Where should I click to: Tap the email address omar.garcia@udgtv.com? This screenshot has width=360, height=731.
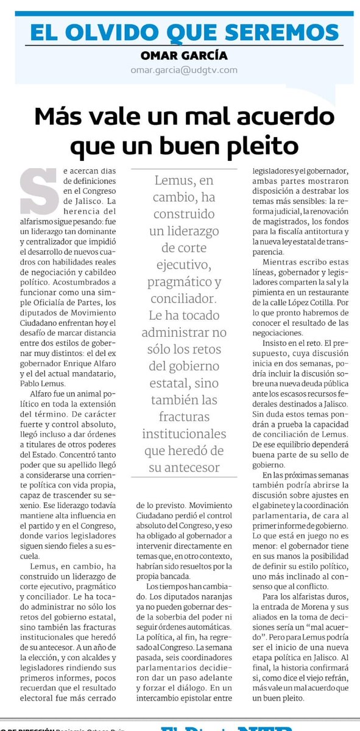183,69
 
